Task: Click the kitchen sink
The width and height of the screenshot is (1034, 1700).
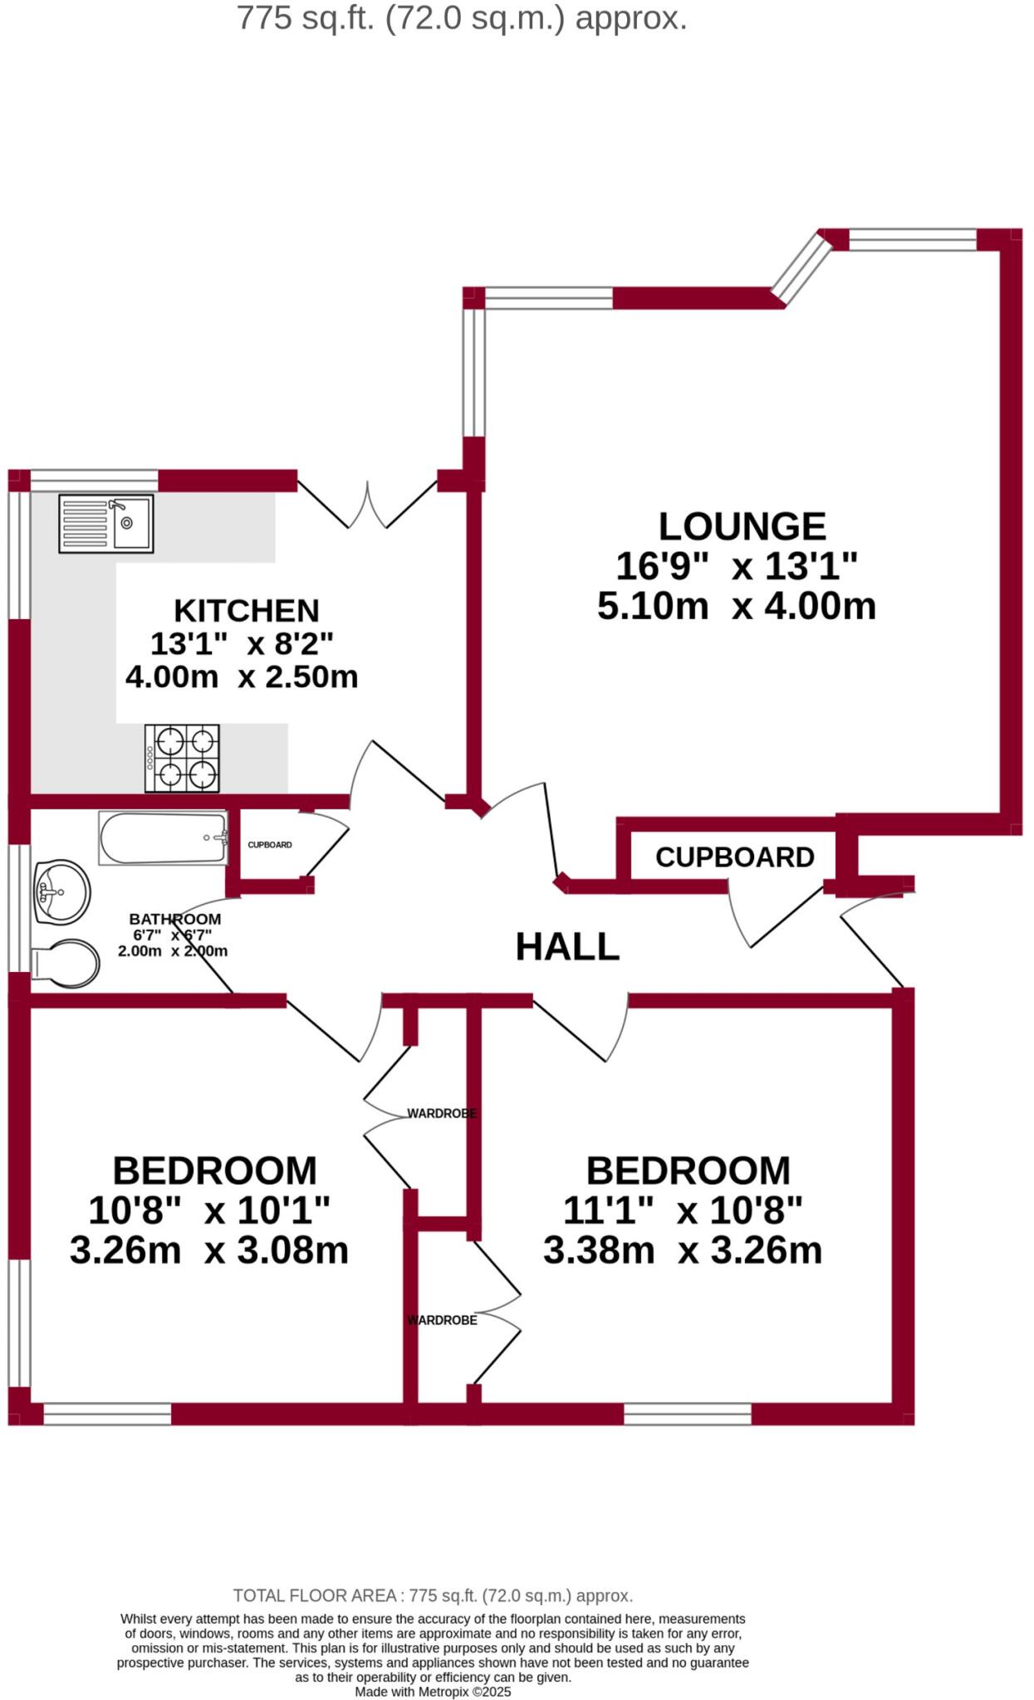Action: coord(105,524)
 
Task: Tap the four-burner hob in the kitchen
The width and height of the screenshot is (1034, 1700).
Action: coord(182,758)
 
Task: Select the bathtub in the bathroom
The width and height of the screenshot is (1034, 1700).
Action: coord(163,838)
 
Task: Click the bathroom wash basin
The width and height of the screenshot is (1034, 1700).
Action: coord(61,892)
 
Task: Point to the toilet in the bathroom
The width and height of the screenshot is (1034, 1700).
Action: coord(66,963)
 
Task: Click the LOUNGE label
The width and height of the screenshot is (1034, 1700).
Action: coord(742,526)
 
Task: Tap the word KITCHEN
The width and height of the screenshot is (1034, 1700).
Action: coord(246,611)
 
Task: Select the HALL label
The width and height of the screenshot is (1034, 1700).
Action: coord(567,947)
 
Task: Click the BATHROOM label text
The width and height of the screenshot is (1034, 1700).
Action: coord(175,919)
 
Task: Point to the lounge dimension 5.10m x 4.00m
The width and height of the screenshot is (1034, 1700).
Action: coord(736,606)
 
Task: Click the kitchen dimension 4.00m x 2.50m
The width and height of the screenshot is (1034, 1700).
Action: coord(242,677)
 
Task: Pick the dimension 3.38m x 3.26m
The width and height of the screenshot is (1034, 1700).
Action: coord(682,1250)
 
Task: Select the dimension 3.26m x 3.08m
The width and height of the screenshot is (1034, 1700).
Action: coord(209,1250)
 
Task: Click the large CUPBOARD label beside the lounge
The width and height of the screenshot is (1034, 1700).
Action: coord(734,857)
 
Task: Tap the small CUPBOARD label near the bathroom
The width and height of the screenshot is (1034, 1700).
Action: coord(270,845)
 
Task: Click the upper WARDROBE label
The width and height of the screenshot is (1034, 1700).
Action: coord(441,1113)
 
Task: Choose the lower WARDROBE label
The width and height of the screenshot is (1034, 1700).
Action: coord(442,1320)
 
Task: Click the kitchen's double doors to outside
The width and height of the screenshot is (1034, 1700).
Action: coord(367,504)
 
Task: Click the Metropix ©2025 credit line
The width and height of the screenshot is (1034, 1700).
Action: coord(433,1692)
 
